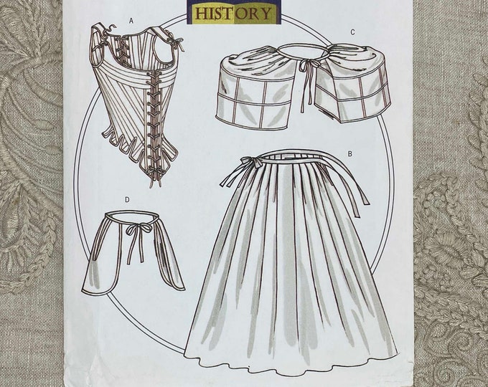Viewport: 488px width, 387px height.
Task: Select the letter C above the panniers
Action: pos(352,32)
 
